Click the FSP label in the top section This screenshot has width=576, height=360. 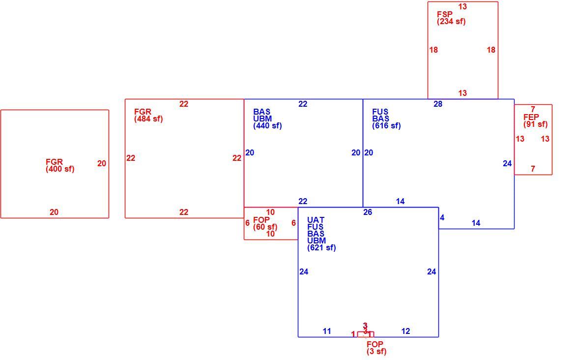pyautogui.click(x=444, y=14)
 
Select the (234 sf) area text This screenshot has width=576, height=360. pyautogui.click(x=451, y=21)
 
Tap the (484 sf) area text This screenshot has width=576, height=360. pyautogui.click(x=148, y=119)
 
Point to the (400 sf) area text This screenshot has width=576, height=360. pyautogui.click(x=60, y=169)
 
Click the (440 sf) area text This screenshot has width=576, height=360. pyautogui.click(x=267, y=126)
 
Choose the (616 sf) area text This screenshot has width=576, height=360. pyautogui.click(x=386, y=126)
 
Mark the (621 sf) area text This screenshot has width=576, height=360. pyautogui.click(x=321, y=248)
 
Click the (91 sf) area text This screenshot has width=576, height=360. pyautogui.click(x=536, y=124)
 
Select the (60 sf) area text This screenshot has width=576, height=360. pyautogui.click(x=265, y=227)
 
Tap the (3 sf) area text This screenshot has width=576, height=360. pyautogui.click(x=376, y=352)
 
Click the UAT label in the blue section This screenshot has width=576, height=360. pyautogui.click(x=316, y=220)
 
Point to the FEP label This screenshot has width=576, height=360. pyautogui.click(x=531, y=118)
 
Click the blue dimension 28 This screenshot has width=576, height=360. pyautogui.click(x=438, y=104)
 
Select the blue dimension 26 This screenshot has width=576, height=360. pyautogui.click(x=368, y=212)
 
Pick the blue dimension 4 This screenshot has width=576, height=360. pyautogui.click(x=442, y=218)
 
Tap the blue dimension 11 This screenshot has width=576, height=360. pyautogui.click(x=327, y=331)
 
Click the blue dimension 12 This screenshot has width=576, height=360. pyautogui.click(x=405, y=331)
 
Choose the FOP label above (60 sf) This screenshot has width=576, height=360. pyautogui.click(x=261, y=220)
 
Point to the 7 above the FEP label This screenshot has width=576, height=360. pyautogui.click(x=533, y=109)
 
